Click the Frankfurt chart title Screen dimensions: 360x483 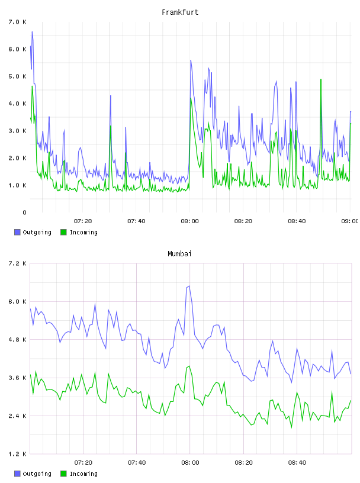180,12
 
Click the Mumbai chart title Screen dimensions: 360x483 179,254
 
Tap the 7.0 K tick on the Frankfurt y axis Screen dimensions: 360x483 17,22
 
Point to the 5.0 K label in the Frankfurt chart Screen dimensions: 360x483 17,76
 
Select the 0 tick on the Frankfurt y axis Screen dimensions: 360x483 24,212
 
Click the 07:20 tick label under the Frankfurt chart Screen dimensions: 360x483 83,221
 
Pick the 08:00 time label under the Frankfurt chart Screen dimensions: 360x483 190,221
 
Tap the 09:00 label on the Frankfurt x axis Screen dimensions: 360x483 350,221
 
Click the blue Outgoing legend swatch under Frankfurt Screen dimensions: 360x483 17,232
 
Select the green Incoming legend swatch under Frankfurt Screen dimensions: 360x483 63,232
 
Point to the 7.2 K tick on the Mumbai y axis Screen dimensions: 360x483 17,263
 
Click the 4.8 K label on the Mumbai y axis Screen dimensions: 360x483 17,340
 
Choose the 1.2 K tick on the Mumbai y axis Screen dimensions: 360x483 17,454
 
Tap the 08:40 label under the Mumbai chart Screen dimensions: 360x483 297,463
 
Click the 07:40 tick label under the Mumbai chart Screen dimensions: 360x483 137,463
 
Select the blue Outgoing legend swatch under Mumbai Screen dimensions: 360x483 17,474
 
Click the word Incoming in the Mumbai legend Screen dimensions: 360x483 83,474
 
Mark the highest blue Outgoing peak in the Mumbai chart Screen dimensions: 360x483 189,286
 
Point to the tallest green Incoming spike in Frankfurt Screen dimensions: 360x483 321,79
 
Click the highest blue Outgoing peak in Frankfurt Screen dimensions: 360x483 32,32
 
